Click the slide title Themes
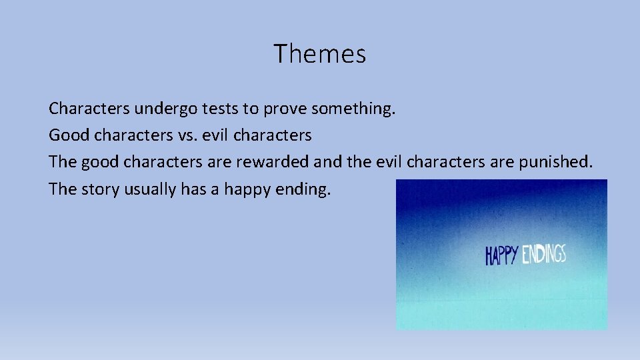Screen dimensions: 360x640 pos(319,54)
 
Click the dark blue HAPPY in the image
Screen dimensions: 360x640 pos(501,255)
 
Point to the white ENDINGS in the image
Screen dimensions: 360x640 pos(544,253)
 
